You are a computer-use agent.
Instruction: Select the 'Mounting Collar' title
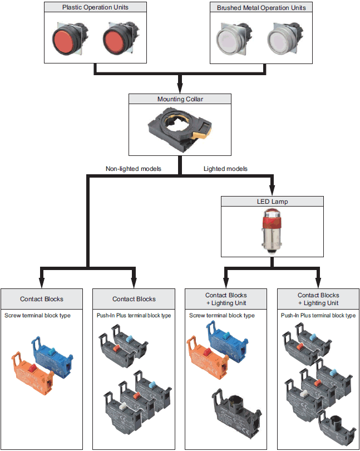(180, 99)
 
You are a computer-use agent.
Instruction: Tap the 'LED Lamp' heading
(272, 201)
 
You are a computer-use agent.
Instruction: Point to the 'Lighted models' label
(225, 168)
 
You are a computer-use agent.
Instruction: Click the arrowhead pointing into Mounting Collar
(180, 89)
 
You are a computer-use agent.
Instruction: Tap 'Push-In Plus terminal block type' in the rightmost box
(318, 316)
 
